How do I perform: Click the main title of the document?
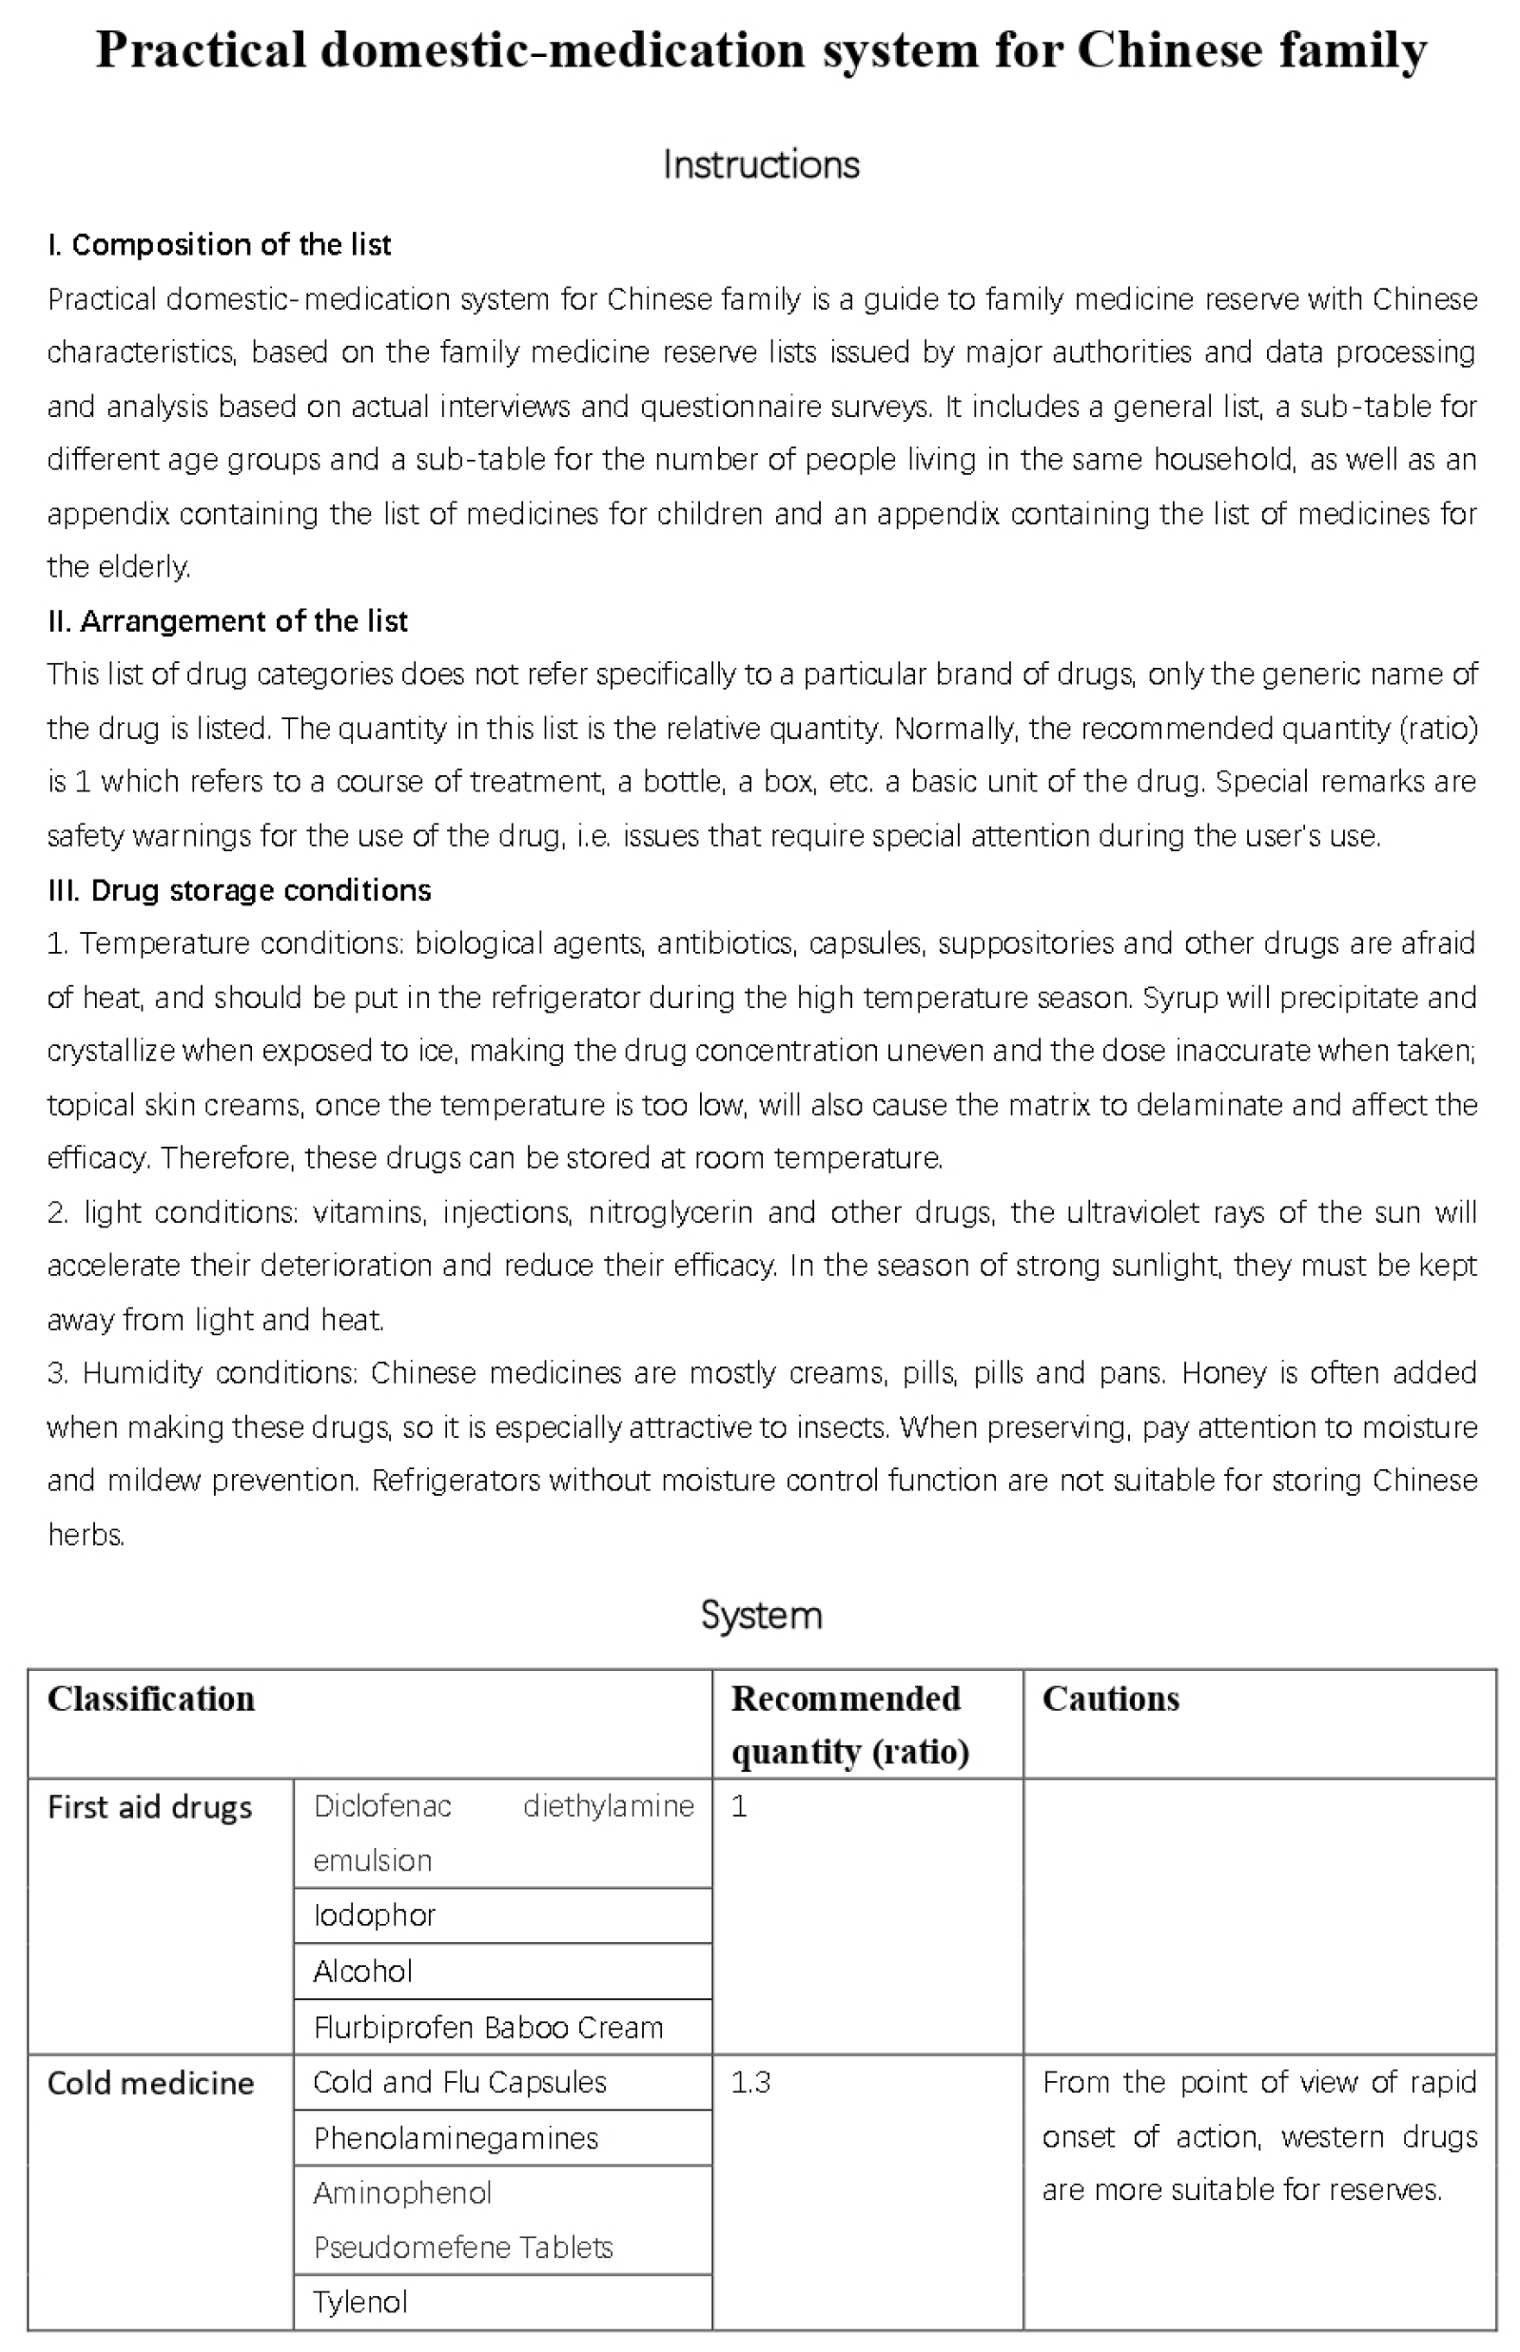[x=760, y=49]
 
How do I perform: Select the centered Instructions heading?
[x=760, y=164]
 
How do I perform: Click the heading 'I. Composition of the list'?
[x=219, y=245]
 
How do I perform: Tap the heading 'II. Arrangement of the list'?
[x=227, y=621]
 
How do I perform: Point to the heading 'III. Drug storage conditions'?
[x=240, y=890]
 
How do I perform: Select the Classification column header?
[x=151, y=1699]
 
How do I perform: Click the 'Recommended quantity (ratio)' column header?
[x=848, y=1725]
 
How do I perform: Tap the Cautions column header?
[x=1110, y=1699]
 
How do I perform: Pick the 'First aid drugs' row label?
[x=150, y=1807]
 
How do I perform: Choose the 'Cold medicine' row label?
[x=151, y=2083]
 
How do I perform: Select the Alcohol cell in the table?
[x=363, y=1971]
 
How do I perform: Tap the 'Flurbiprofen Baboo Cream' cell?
[x=488, y=2027]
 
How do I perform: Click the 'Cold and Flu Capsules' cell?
[x=459, y=2082]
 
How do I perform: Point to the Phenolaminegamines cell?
[x=455, y=2138]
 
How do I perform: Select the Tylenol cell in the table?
[x=359, y=2302]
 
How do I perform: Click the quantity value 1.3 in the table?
[x=750, y=2083]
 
